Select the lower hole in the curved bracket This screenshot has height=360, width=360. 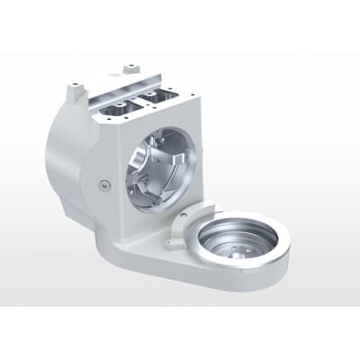tap(171, 240)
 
